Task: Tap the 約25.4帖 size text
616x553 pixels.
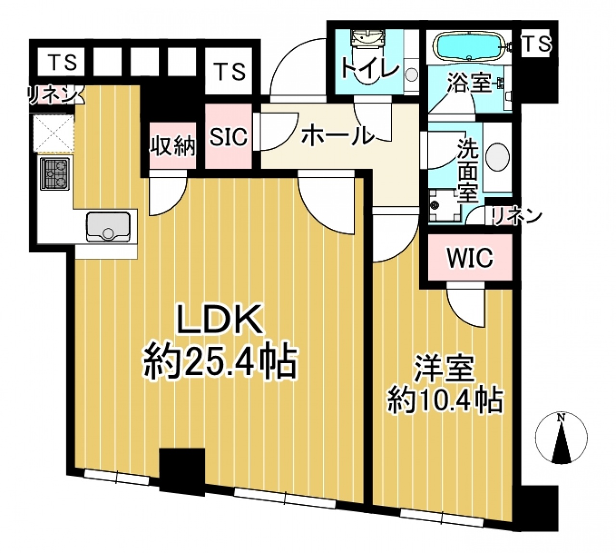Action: click(220, 363)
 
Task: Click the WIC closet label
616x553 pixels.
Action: click(470, 258)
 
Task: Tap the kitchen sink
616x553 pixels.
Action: click(109, 226)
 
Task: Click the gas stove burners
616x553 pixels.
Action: click(55, 174)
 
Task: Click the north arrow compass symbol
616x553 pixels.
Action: click(561, 438)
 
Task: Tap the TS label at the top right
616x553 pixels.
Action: click(537, 44)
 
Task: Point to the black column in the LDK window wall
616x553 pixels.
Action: click(182, 474)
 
